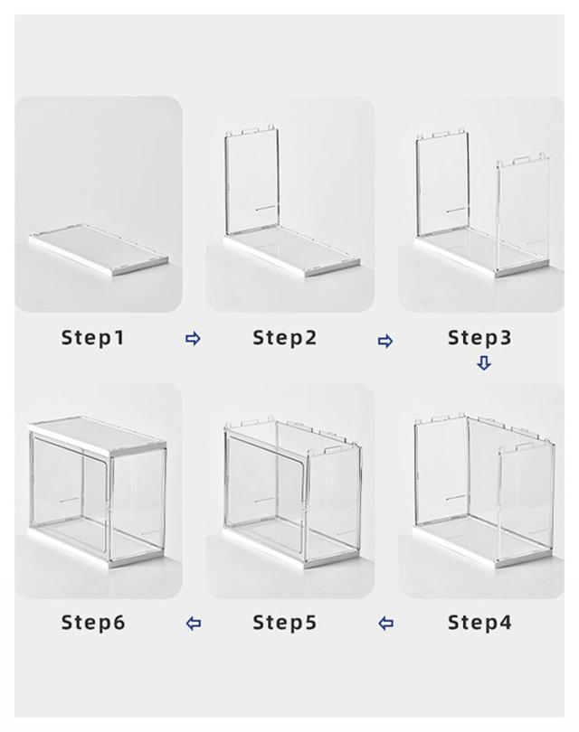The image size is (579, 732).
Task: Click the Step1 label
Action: (93, 338)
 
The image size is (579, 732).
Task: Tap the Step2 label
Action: (285, 338)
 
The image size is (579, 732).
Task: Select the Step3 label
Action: (479, 338)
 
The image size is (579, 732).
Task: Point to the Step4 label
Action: (479, 623)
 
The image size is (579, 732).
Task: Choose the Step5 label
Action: (285, 623)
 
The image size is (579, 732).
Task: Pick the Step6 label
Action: (93, 623)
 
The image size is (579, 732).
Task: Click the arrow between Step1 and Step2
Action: (193, 339)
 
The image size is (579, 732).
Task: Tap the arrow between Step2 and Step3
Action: (385, 342)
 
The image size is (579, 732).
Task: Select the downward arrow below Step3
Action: (484, 363)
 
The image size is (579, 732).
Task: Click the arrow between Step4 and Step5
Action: (385, 624)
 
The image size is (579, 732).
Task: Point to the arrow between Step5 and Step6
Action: (194, 624)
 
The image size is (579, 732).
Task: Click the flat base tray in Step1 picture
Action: (100, 250)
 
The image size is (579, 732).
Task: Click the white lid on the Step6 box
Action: (97, 435)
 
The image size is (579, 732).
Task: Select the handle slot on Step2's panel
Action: (266, 209)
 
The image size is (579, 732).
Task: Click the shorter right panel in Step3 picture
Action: (522, 214)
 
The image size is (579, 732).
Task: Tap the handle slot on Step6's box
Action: (71, 500)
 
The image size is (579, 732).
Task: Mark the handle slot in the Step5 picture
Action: (265, 500)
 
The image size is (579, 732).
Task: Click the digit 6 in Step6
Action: (119, 623)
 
